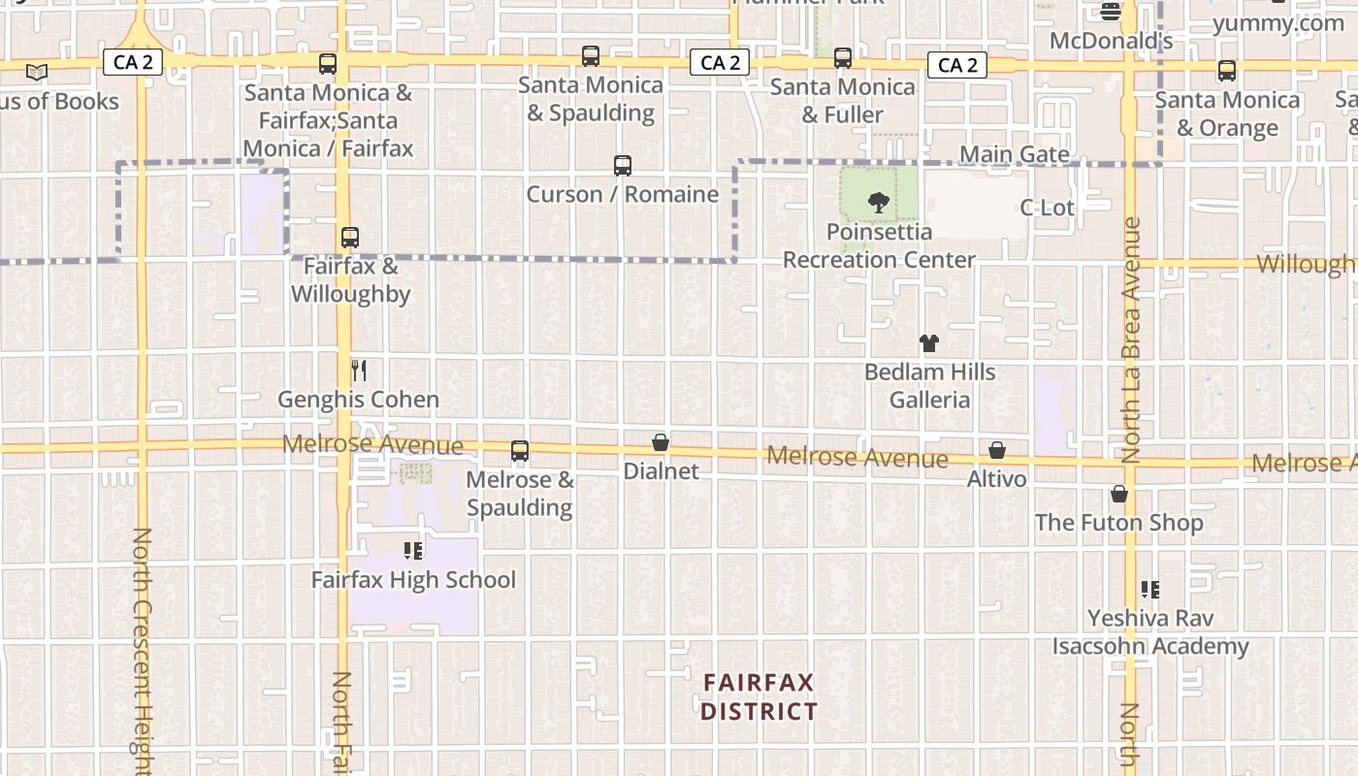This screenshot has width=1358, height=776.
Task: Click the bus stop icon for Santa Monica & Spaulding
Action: pyautogui.click(x=591, y=56)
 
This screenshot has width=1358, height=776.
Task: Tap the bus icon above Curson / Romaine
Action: pyautogui.click(x=623, y=166)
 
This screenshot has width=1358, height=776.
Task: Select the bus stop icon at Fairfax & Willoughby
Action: pyautogui.click(x=350, y=238)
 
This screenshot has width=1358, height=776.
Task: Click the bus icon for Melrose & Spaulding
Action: pyautogui.click(x=520, y=451)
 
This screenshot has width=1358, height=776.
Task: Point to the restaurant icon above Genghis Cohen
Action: pyautogui.click(x=359, y=370)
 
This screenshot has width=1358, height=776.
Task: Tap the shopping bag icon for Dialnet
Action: pyautogui.click(x=661, y=443)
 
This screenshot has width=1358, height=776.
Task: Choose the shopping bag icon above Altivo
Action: pyautogui.click(x=997, y=451)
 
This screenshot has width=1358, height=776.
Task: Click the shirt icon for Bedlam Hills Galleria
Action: pyautogui.click(x=929, y=343)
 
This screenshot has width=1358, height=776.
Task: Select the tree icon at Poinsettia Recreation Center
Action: pyautogui.click(x=879, y=203)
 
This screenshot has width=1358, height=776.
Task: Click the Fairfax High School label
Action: pyautogui.click(x=413, y=580)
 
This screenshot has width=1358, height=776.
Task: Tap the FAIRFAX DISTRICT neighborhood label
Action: pyautogui.click(x=759, y=696)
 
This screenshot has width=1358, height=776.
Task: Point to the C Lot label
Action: pyautogui.click(x=1048, y=208)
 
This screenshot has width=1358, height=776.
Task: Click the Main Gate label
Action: pyautogui.click(x=1015, y=154)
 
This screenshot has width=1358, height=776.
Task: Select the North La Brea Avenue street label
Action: pyautogui.click(x=1131, y=339)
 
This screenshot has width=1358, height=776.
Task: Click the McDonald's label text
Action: pyautogui.click(x=1112, y=41)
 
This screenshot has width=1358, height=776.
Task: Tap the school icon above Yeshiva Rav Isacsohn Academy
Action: pyautogui.click(x=1150, y=589)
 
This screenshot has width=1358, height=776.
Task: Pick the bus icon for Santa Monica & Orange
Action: pyautogui.click(x=1227, y=71)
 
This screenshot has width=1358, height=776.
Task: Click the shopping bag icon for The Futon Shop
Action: pyautogui.click(x=1119, y=495)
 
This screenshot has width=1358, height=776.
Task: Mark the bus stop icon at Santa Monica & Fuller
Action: pyautogui.click(x=843, y=58)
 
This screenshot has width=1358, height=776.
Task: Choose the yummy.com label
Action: pyautogui.click(x=1278, y=23)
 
